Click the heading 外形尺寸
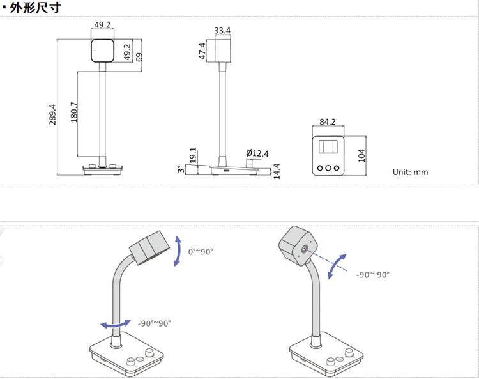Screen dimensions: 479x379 [x=35, y=7]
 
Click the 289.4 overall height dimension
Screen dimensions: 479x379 [x=52, y=114]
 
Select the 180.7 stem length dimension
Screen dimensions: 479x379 [x=74, y=112]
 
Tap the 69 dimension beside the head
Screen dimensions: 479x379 [x=139, y=57]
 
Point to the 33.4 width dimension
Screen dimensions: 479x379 [x=222, y=31]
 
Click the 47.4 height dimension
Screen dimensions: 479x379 [x=202, y=51]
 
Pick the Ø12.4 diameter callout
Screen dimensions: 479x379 [x=257, y=153]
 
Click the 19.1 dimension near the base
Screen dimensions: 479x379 [x=193, y=155]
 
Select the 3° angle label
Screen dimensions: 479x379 [x=181, y=169]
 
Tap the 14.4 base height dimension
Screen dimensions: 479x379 [x=277, y=171]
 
